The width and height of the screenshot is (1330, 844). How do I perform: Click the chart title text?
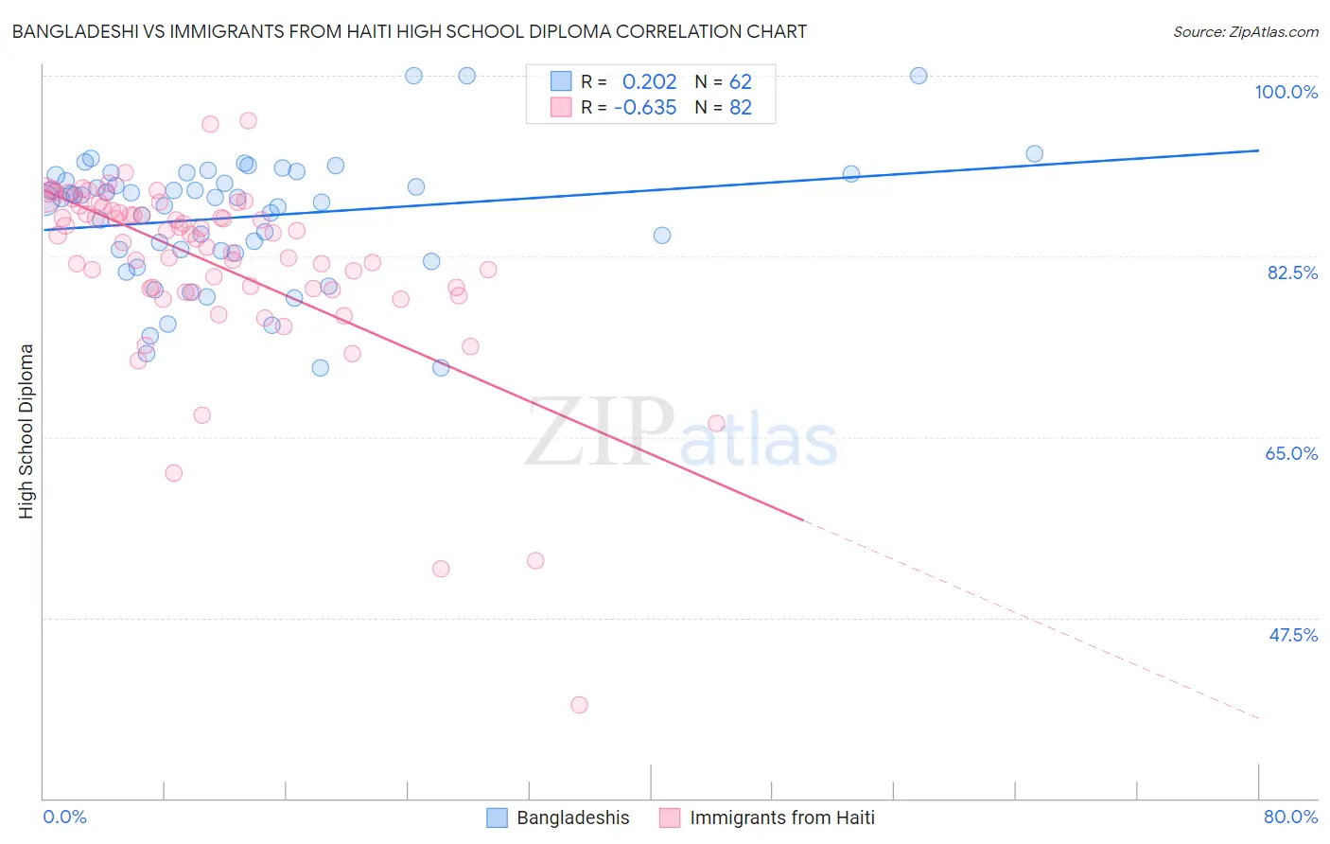(x=409, y=31)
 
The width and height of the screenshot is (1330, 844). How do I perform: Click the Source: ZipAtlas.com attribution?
(x=1245, y=31)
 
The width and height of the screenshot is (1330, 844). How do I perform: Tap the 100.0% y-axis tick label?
(x=1286, y=92)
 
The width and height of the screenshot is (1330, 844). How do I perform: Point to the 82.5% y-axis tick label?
(x=1292, y=273)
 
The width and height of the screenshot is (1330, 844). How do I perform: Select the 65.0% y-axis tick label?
(x=1291, y=453)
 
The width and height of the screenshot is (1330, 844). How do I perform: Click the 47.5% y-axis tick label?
(x=1292, y=635)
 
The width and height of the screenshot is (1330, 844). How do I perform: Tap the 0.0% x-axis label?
(x=65, y=817)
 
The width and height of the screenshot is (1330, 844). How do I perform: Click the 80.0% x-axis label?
(x=1290, y=817)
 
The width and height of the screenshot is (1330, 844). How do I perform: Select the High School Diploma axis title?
(x=26, y=431)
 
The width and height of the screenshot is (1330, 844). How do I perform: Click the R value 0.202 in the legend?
(x=649, y=82)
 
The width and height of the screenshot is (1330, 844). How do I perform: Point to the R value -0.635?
(x=645, y=108)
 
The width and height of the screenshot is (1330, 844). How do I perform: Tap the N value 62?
(x=740, y=82)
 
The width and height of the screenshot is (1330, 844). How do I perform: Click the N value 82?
(x=740, y=108)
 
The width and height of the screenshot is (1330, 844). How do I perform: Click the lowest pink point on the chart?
(x=579, y=705)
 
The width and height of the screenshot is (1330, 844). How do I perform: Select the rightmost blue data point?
(x=1034, y=153)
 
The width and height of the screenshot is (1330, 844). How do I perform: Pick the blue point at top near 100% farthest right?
(x=918, y=76)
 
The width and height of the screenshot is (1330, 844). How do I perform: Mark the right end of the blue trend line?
(x=1258, y=150)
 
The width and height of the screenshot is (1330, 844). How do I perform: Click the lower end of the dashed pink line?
(x=1258, y=719)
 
